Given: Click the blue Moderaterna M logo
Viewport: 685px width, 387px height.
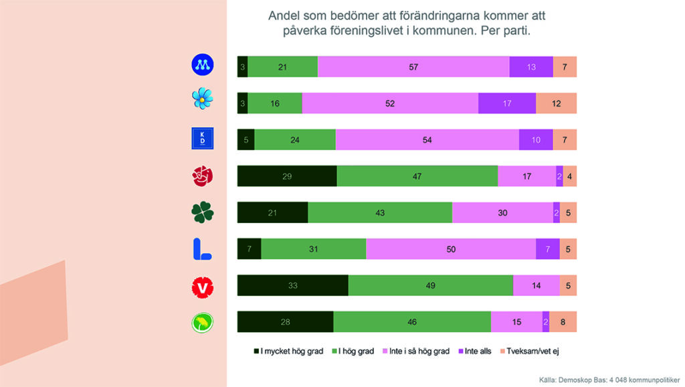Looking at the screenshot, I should click(x=202, y=65).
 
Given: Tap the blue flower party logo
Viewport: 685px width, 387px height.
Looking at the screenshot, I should click(x=202, y=100).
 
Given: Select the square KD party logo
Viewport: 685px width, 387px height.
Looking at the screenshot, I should click(x=202, y=138).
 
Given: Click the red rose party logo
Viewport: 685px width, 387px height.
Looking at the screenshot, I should click(x=202, y=176).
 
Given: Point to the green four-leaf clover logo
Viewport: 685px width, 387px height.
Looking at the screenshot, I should click(x=202, y=212).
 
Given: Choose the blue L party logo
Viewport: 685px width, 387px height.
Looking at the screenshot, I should click(x=201, y=249).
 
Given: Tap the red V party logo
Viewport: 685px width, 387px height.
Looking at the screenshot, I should click(x=202, y=287).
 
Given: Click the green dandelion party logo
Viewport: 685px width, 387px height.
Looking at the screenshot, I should click(x=202, y=323).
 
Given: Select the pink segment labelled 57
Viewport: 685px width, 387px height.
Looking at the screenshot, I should click(x=413, y=67).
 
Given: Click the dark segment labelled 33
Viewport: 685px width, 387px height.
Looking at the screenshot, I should click(x=293, y=285).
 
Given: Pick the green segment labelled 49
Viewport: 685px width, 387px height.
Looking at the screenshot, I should click(x=431, y=285).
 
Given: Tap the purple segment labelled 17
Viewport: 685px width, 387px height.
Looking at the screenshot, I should click(x=507, y=103).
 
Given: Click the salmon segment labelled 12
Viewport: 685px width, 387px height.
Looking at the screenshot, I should click(x=556, y=103).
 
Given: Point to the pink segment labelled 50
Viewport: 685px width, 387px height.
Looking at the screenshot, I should click(x=451, y=249).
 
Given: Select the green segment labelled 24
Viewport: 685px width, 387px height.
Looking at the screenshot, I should click(x=295, y=140).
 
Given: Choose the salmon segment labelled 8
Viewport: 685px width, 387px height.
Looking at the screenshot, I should click(x=563, y=322).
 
